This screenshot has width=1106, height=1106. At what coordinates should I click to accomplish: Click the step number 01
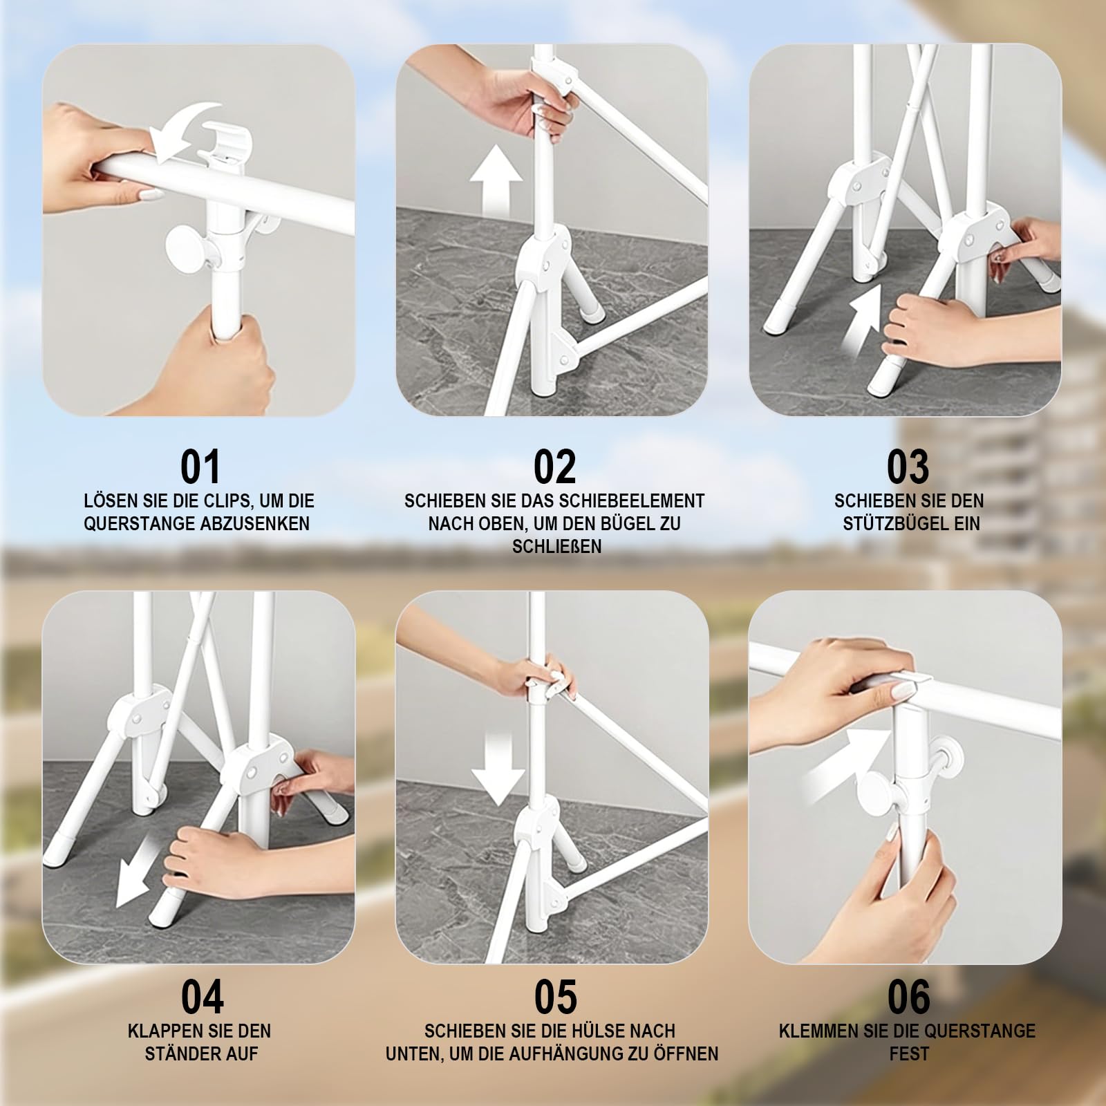tap(200, 467)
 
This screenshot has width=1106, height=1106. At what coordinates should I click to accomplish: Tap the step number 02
tap(554, 467)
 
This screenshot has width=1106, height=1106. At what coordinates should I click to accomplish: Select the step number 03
tap(908, 467)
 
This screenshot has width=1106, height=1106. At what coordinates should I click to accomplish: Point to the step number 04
tap(202, 997)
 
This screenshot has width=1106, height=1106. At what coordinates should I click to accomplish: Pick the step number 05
tap(555, 997)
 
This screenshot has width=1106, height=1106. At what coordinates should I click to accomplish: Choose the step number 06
tap(909, 997)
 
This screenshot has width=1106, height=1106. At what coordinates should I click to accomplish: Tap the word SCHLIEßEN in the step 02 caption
tap(557, 546)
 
